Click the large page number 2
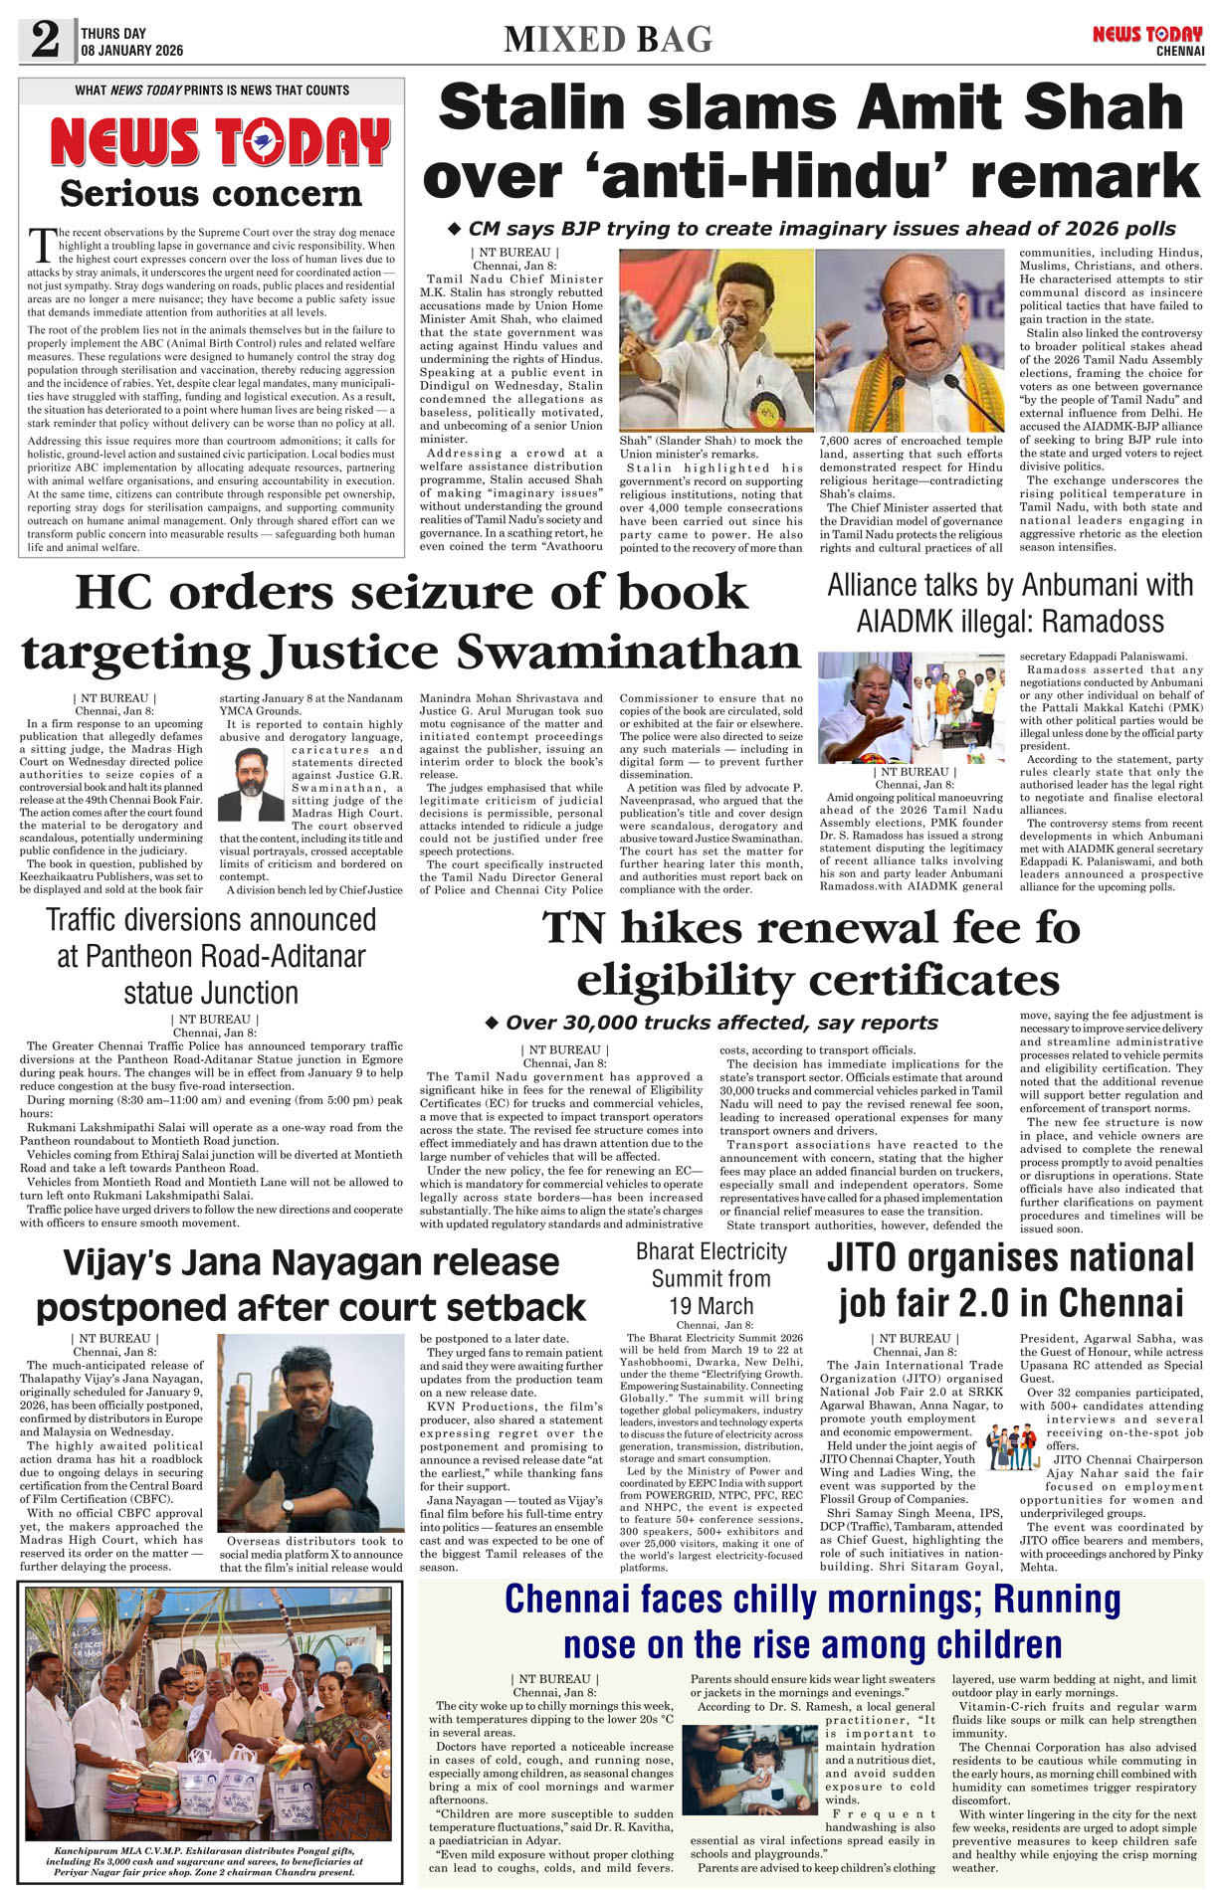[46, 41]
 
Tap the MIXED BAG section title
[608, 39]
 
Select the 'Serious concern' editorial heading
[210, 193]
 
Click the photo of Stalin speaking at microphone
[715, 339]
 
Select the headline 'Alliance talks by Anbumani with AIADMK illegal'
[1009, 603]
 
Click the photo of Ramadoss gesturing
[864, 707]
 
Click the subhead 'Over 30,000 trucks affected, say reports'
[720, 1023]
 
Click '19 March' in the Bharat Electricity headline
[711, 1306]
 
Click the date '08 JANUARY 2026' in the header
[132, 51]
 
